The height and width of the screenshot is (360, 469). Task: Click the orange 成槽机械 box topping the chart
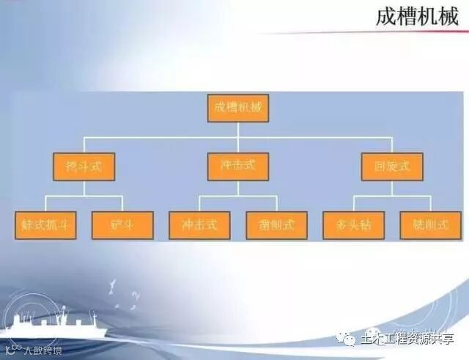click(238, 108)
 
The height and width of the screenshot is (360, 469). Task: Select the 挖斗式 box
click(84, 166)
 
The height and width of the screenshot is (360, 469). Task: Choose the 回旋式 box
click(392, 166)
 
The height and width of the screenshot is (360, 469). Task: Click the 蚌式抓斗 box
click(46, 225)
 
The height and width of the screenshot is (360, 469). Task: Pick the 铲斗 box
click(122, 225)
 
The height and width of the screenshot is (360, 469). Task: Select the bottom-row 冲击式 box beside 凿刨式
click(199, 225)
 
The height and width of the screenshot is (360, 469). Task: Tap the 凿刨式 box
click(276, 225)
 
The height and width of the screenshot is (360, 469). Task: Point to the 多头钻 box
click(353, 225)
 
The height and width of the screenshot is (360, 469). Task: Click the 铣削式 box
click(430, 225)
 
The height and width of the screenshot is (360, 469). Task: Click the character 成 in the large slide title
click(386, 17)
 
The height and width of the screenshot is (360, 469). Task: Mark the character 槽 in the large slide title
click(407, 17)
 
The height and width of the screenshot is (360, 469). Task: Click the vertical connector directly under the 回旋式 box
click(392, 188)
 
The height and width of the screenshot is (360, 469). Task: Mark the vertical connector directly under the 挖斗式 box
click(84, 188)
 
